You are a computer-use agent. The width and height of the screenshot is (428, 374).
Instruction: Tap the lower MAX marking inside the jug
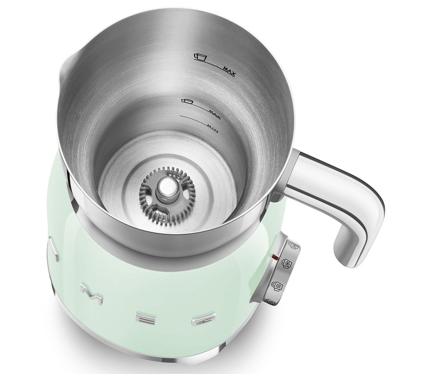click(x=214, y=116)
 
